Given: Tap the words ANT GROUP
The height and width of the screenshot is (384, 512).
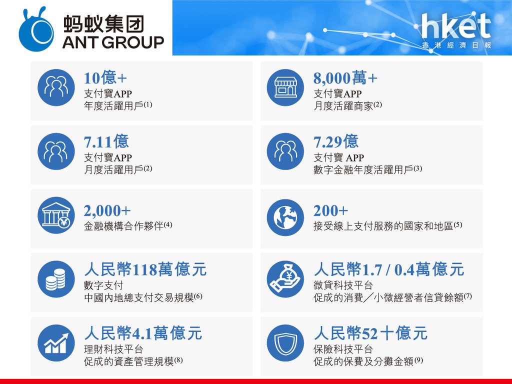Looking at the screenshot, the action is click(113, 42).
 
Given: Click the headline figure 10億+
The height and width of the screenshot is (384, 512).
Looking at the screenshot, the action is click(105, 77).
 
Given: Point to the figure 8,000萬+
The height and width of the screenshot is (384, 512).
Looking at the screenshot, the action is click(345, 77).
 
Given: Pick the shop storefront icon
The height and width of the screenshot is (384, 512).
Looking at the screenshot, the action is click(285, 87).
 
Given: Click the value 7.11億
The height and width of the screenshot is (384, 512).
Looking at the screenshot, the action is click(106, 141).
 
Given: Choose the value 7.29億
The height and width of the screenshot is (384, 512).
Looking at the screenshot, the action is click(336, 141).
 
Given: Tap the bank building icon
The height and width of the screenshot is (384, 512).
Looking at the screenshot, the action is click(56, 215).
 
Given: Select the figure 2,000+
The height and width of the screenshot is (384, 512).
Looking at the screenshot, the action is click(107, 210).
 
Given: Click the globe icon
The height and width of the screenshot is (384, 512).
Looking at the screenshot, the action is click(285, 217).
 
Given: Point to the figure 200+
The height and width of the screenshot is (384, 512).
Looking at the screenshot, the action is click(330, 210).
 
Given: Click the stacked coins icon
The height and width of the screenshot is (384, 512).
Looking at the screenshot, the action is click(56, 279).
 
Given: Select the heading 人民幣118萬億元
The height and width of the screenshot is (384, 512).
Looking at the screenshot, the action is click(145, 269).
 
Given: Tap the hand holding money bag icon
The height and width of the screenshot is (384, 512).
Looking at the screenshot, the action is click(285, 279).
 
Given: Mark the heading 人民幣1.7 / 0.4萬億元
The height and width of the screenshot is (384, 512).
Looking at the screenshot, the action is click(388, 269).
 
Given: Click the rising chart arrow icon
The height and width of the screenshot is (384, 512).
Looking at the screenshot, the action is click(56, 343).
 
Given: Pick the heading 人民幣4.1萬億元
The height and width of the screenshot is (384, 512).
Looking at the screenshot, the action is click(143, 333).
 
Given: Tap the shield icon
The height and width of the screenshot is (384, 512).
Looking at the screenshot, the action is click(285, 343).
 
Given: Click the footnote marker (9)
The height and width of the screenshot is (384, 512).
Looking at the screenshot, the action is click(418, 360).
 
